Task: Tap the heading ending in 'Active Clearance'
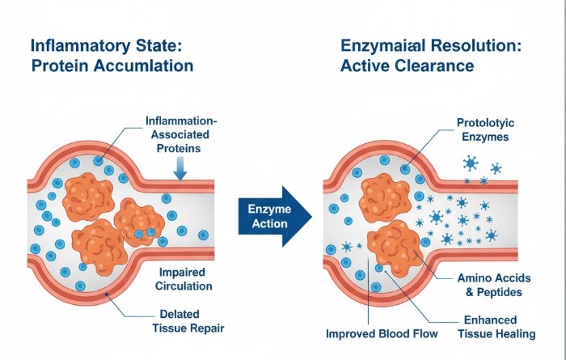(x=420, y=56)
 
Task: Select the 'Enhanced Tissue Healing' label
(x=495, y=327)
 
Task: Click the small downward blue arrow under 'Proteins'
(x=180, y=168)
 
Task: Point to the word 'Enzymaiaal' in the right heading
(x=386, y=46)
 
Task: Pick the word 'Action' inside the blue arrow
(x=264, y=225)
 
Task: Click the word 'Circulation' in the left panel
(x=186, y=286)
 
